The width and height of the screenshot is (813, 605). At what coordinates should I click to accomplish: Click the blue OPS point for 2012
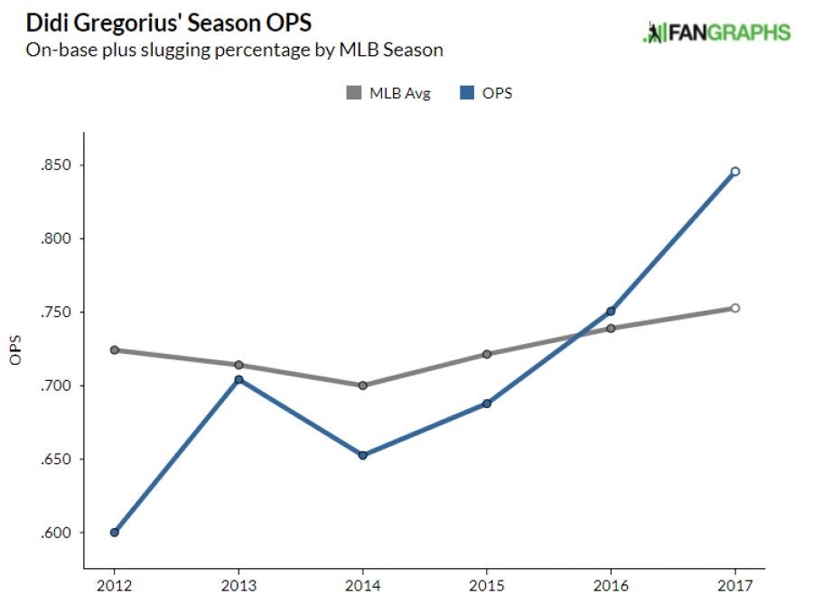(115, 532)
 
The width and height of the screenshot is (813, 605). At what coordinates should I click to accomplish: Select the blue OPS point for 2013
(238, 379)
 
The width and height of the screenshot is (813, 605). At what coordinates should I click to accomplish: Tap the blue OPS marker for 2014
(362, 455)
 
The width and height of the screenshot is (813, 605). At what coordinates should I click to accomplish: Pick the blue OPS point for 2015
(487, 404)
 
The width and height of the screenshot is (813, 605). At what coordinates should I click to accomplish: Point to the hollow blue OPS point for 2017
(735, 172)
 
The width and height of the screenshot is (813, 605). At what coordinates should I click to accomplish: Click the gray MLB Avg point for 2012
(115, 349)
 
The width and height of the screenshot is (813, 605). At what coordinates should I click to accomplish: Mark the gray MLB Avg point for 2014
(362, 386)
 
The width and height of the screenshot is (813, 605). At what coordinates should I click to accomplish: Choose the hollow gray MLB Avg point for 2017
(735, 308)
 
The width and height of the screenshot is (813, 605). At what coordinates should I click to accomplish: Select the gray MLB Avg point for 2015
(487, 354)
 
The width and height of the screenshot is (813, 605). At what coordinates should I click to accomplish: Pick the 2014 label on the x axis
(362, 586)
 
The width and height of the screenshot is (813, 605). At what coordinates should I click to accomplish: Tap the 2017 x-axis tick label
(735, 586)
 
